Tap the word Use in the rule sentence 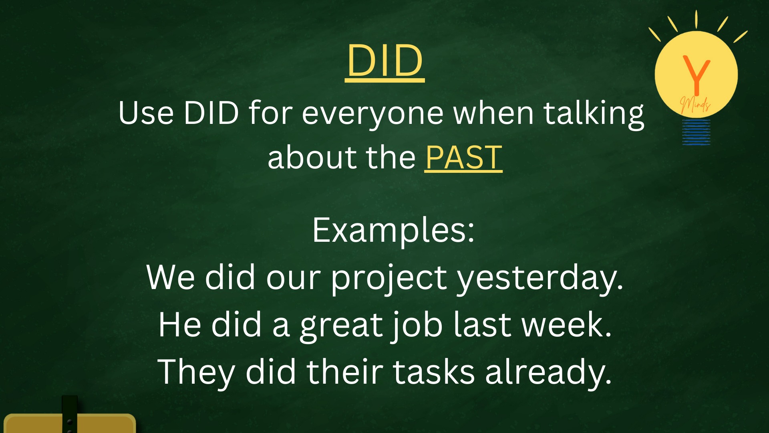point(146,113)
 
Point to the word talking point(594,114)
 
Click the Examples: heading point(393,230)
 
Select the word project point(389,278)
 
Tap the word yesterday point(540,278)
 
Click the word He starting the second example point(180,324)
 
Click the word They point(196,373)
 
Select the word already point(548,373)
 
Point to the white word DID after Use point(211,113)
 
